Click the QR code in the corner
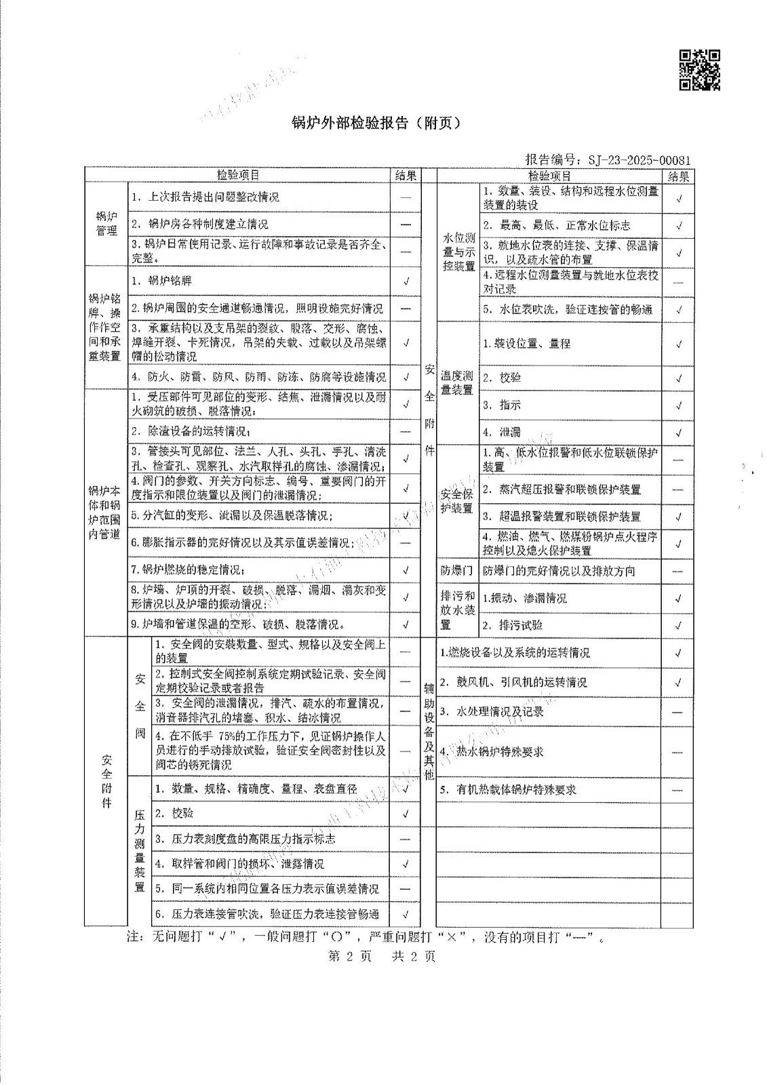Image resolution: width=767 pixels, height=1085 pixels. [x=699, y=70]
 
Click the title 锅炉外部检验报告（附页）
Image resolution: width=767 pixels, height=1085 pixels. [x=376, y=123]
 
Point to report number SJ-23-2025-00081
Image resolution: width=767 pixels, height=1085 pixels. [x=608, y=160]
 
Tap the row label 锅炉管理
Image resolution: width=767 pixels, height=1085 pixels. [x=106, y=224]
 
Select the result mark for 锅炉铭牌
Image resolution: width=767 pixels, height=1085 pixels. [x=406, y=281]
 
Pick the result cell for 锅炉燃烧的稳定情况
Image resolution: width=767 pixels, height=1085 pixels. [x=406, y=570]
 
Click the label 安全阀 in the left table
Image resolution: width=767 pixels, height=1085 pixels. [x=140, y=706]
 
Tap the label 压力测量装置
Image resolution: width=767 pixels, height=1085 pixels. [x=140, y=850]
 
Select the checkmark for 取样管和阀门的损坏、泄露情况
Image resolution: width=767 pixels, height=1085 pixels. [x=406, y=864]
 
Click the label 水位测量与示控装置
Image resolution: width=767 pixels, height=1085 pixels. [x=458, y=252]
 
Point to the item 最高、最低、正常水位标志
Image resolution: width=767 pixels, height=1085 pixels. [x=556, y=225]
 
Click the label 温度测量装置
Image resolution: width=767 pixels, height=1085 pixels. [x=457, y=382]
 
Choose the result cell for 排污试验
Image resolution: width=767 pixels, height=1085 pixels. [x=678, y=625]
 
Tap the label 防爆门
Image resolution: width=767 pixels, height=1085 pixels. [x=457, y=571]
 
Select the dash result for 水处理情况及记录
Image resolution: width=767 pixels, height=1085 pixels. [x=678, y=712]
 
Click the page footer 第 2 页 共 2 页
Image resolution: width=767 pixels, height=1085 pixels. [x=382, y=956]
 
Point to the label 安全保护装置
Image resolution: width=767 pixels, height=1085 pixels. [x=457, y=501]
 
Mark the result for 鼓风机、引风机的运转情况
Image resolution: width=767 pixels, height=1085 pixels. [x=678, y=682]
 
